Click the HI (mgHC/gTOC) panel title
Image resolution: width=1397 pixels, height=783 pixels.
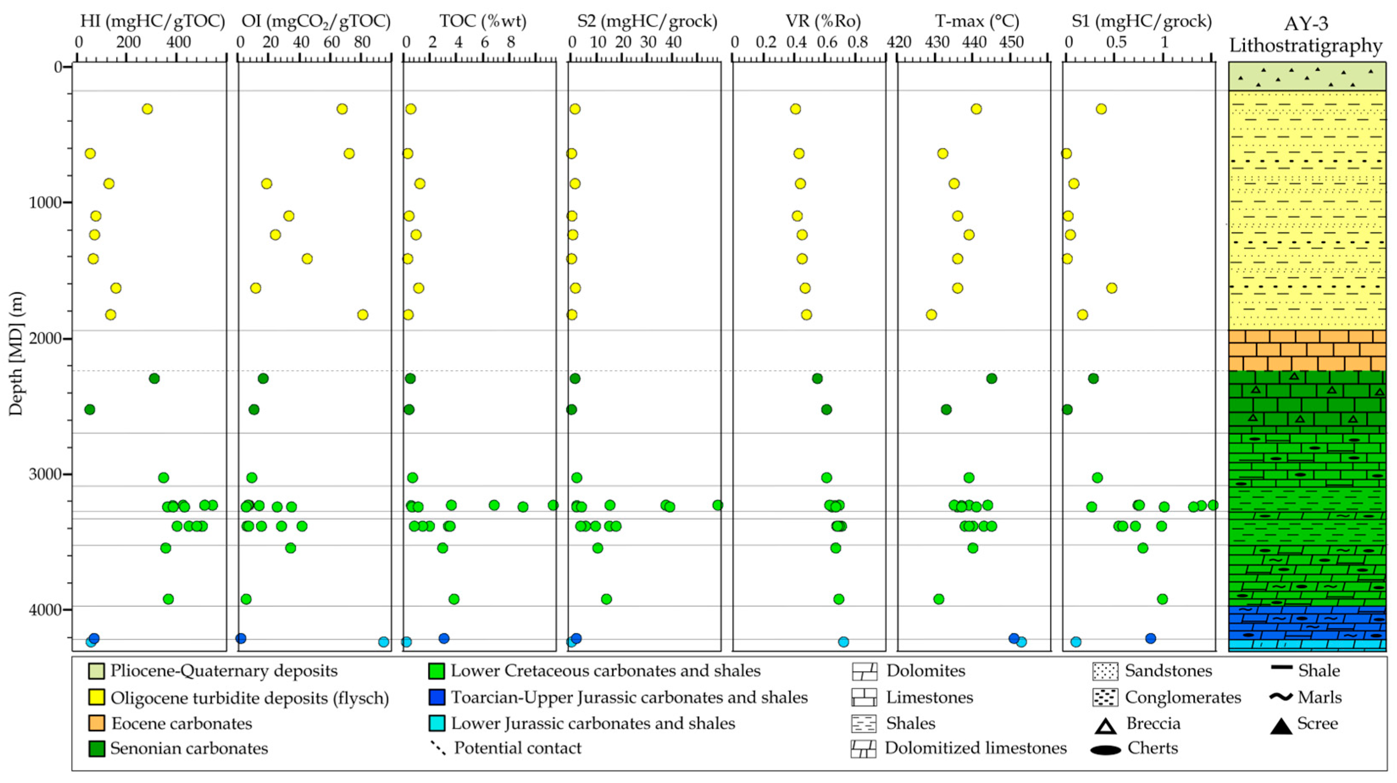pyautogui.click(x=152, y=22)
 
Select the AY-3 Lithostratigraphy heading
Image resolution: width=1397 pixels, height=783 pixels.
pyautogui.click(x=1306, y=35)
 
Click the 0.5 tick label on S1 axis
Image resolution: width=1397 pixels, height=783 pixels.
pyautogui.click(x=1116, y=42)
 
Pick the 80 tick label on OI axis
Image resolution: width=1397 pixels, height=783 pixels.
pyautogui.click(x=362, y=42)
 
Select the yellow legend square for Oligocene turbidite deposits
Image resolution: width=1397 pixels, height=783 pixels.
pyautogui.click(x=97, y=698)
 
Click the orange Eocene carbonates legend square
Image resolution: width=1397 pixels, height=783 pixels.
pyautogui.click(x=97, y=723)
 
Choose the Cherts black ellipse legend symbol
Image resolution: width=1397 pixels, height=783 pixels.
pyautogui.click(x=1105, y=750)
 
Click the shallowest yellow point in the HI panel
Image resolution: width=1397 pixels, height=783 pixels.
pyautogui.click(x=147, y=109)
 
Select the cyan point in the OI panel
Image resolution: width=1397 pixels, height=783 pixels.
pyautogui.click(x=383, y=642)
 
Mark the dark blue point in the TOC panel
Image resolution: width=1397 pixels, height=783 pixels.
pyautogui.click(x=443, y=638)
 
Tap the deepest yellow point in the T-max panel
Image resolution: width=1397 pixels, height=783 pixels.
pyautogui.click(x=931, y=315)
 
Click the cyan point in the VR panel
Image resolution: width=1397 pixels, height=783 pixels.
pyautogui.click(x=843, y=642)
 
